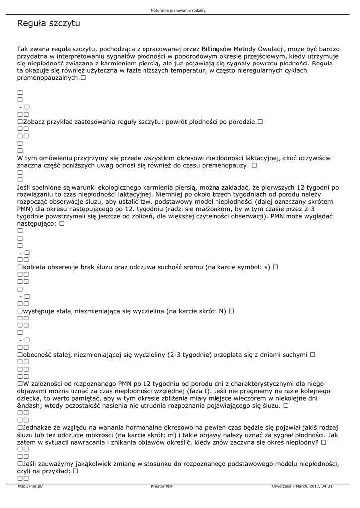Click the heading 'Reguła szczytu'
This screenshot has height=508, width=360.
49,23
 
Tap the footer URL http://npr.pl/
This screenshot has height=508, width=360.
30,486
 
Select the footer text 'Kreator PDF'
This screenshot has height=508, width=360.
162,486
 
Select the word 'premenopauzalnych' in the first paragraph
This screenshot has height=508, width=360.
48,78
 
